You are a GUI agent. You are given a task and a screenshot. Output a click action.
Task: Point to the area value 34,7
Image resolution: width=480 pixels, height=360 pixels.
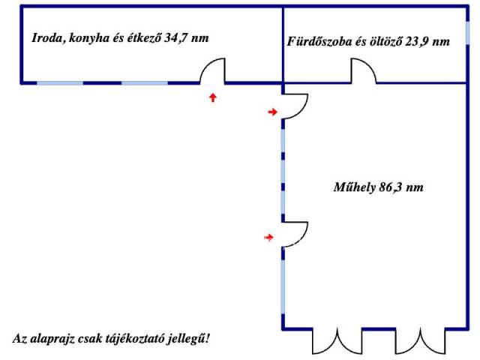175,38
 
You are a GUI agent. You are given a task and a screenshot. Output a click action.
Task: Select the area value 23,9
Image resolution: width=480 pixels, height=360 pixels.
416,41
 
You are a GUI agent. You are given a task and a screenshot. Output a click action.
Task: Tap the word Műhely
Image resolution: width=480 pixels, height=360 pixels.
355,187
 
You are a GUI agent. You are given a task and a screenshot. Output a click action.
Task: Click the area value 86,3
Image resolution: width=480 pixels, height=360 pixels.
390,187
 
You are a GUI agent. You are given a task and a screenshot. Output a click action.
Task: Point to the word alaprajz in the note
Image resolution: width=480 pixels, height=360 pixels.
51,339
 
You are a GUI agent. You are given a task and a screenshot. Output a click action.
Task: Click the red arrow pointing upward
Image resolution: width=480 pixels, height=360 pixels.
213,97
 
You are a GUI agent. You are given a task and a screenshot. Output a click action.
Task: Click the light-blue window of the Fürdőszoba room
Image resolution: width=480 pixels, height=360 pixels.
467,33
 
